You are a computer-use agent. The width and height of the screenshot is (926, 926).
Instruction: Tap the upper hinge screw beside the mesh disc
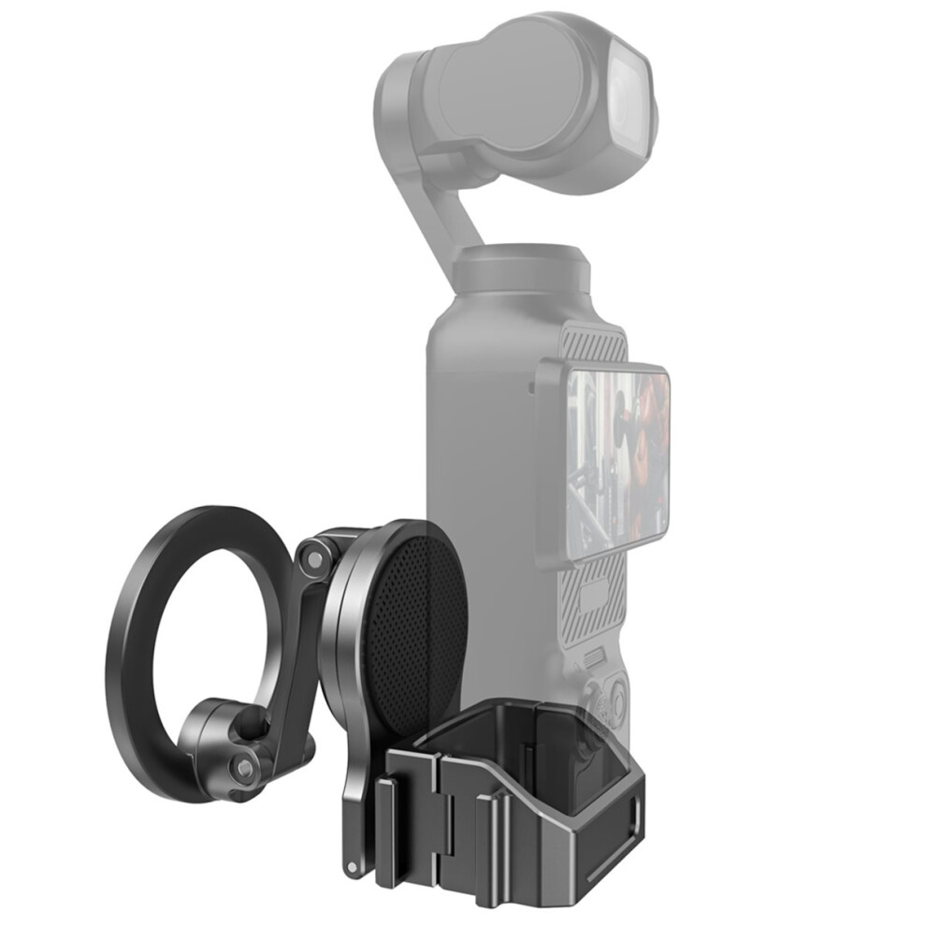312,556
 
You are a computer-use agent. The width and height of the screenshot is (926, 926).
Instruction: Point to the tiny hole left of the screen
531,385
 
